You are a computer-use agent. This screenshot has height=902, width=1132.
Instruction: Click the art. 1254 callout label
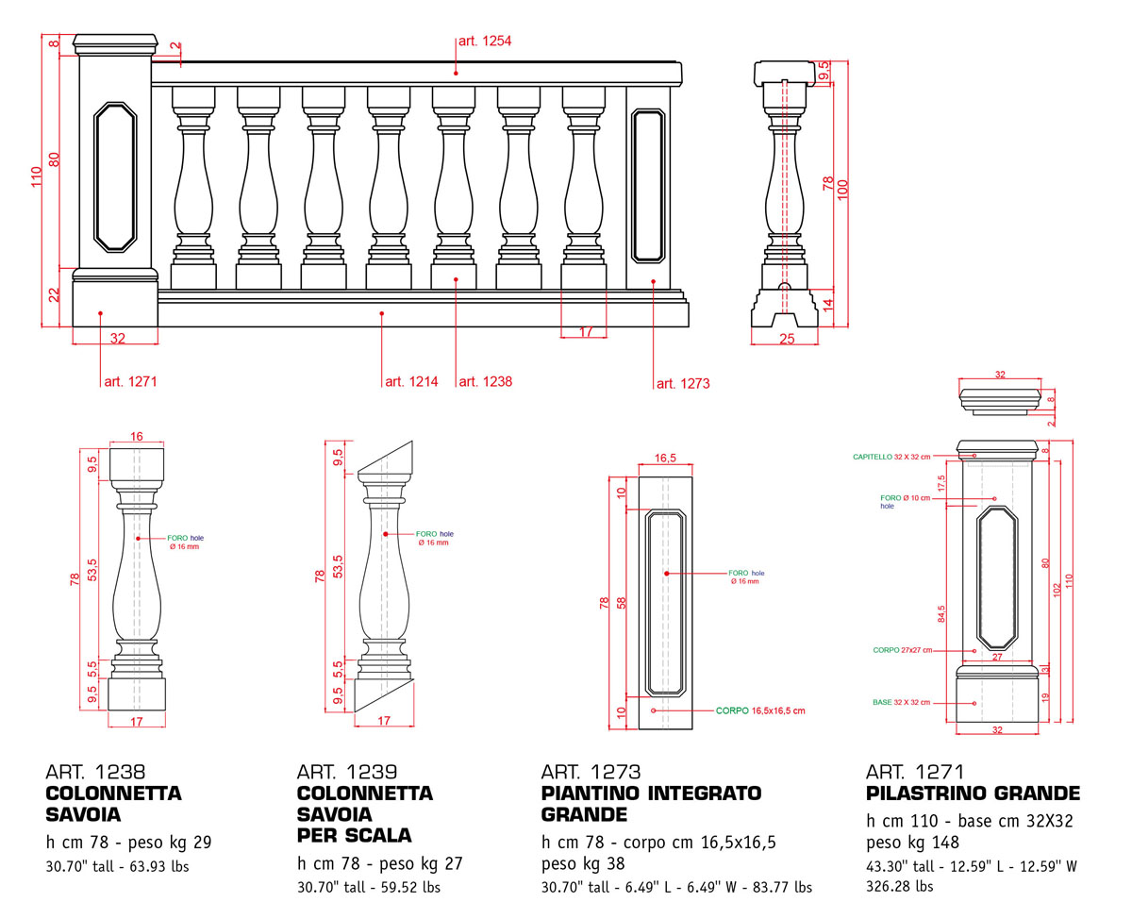tap(485, 42)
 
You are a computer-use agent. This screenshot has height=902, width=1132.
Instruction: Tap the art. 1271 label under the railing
tap(130, 382)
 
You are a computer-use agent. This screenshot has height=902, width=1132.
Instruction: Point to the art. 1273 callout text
tap(683, 384)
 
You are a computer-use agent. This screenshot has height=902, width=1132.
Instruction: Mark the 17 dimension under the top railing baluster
tap(586, 332)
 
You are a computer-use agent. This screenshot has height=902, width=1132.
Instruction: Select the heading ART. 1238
tap(95, 772)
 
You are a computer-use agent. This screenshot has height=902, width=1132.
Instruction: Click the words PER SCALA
tap(354, 835)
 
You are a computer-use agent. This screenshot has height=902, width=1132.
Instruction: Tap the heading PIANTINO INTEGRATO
tap(651, 793)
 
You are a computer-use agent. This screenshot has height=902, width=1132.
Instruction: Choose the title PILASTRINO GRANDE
tap(973, 793)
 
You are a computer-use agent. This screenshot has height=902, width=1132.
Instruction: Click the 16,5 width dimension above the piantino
tap(665, 459)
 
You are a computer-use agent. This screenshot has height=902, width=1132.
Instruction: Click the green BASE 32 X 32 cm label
tap(901, 703)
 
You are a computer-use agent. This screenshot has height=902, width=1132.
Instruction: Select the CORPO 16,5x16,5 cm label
tap(760, 710)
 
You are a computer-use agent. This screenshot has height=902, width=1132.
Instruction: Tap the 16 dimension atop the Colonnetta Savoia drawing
tap(137, 436)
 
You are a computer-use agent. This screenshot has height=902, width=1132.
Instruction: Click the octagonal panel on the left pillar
tap(114, 177)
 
